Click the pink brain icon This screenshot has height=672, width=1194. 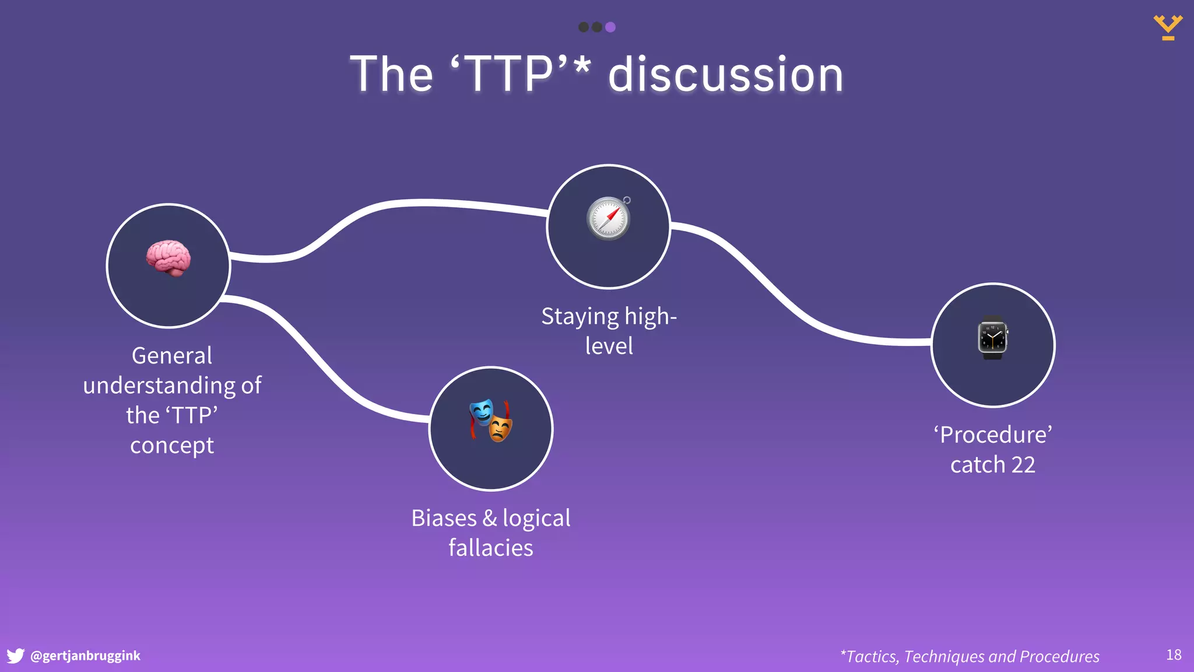(x=168, y=258)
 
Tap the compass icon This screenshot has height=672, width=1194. (x=609, y=218)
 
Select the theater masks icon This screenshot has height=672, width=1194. (x=491, y=420)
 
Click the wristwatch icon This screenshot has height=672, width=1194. (x=993, y=338)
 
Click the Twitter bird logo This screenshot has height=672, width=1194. (x=16, y=656)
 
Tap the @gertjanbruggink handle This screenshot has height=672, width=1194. (x=85, y=656)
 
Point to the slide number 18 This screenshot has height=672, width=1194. (x=1174, y=655)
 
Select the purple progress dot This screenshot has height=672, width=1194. (x=610, y=27)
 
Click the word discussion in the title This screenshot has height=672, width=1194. (x=726, y=75)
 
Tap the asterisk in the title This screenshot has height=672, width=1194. (x=581, y=65)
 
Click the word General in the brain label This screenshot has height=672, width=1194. (x=172, y=356)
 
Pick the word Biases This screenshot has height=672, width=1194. (x=444, y=518)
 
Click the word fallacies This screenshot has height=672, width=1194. (x=491, y=548)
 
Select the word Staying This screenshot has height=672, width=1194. (x=580, y=317)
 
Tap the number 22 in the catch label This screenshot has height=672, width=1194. (x=1023, y=465)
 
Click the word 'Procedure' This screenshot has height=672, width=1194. (x=993, y=435)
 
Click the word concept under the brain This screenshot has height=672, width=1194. (x=172, y=446)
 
